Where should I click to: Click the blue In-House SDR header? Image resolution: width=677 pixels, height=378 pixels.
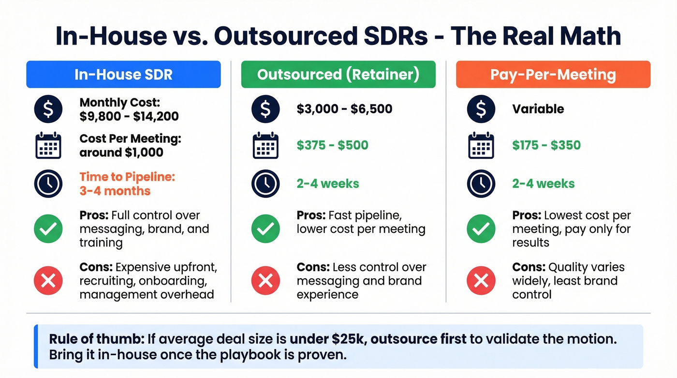(123, 75)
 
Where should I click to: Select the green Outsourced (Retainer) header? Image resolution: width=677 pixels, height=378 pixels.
(338, 75)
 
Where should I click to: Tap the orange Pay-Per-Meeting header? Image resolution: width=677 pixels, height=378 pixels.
(553, 75)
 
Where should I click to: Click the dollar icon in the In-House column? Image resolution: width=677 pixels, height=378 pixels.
(48, 109)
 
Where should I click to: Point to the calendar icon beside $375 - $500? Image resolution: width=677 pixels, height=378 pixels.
(265, 145)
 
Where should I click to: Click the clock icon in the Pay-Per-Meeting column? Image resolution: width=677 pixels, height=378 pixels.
(481, 184)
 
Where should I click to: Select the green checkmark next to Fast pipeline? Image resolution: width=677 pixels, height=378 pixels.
(265, 229)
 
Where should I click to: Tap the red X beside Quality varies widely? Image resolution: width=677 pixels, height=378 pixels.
(481, 281)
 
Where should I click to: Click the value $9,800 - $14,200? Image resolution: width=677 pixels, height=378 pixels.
(129, 116)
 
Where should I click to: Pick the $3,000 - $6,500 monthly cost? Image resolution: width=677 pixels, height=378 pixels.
(344, 109)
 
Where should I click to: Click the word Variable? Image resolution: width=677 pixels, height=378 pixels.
(538, 109)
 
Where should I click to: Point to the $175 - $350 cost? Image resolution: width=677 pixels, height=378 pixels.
(546, 145)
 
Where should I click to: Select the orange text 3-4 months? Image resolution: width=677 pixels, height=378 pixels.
(115, 191)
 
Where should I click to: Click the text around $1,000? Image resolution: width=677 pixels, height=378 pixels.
(121, 152)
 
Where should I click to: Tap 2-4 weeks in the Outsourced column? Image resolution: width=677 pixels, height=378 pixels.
(328, 184)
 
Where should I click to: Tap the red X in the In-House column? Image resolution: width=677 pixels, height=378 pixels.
(48, 281)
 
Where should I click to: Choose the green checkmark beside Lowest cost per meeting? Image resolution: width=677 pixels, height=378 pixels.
(481, 229)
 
